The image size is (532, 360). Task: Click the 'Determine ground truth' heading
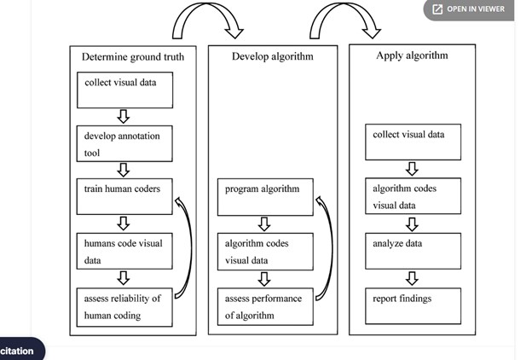tap(133, 56)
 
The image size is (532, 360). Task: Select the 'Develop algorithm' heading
tap(273, 56)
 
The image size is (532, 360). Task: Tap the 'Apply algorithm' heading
tap(412, 55)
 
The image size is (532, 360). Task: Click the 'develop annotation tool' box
tap(124, 143)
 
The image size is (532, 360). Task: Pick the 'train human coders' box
tap(124, 197)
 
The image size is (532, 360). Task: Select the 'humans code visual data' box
tap(124, 252)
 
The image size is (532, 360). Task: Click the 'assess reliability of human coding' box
tap(124, 307)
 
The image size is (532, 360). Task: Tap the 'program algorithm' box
tap(265, 197)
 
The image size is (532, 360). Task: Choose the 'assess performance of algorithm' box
tap(265, 306)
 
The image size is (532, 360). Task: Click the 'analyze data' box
tap(413, 251)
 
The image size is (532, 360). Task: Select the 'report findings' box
tap(413, 306)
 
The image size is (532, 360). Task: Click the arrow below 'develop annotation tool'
tap(124, 170)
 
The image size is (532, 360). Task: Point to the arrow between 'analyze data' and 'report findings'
tap(412, 278)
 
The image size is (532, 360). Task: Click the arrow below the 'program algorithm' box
tap(264, 224)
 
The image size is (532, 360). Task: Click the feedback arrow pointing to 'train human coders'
tap(189, 248)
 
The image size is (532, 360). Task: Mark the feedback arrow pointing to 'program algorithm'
tap(330, 248)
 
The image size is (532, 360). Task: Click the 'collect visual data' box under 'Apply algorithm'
tap(413, 142)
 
